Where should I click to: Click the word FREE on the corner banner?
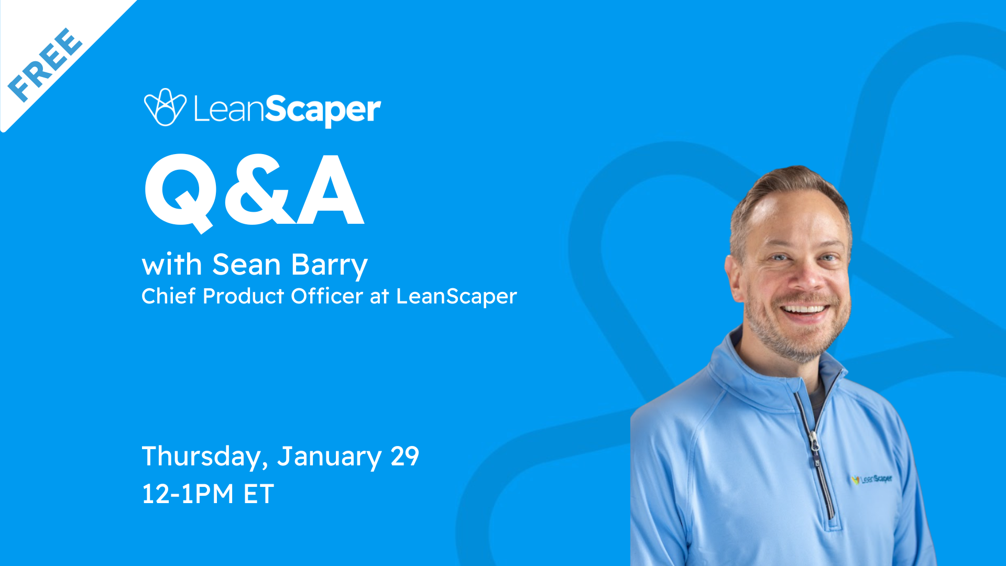pyautogui.click(x=46, y=64)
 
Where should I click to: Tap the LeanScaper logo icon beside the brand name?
pyautogui.click(x=165, y=107)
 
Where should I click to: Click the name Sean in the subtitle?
pyautogui.click(x=246, y=265)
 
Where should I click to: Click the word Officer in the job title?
pyautogui.click(x=326, y=296)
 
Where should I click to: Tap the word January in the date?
pyautogui.click(x=329, y=456)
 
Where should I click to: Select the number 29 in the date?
pyautogui.click(x=404, y=456)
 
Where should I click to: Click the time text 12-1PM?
pyautogui.click(x=188, y=494)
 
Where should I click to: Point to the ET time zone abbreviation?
pyautogui.click(x=258, y=494)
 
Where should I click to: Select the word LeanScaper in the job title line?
pyautogui.click(x=456, y=297)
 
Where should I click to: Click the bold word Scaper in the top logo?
pyautogui.click(x=322, y=110)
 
